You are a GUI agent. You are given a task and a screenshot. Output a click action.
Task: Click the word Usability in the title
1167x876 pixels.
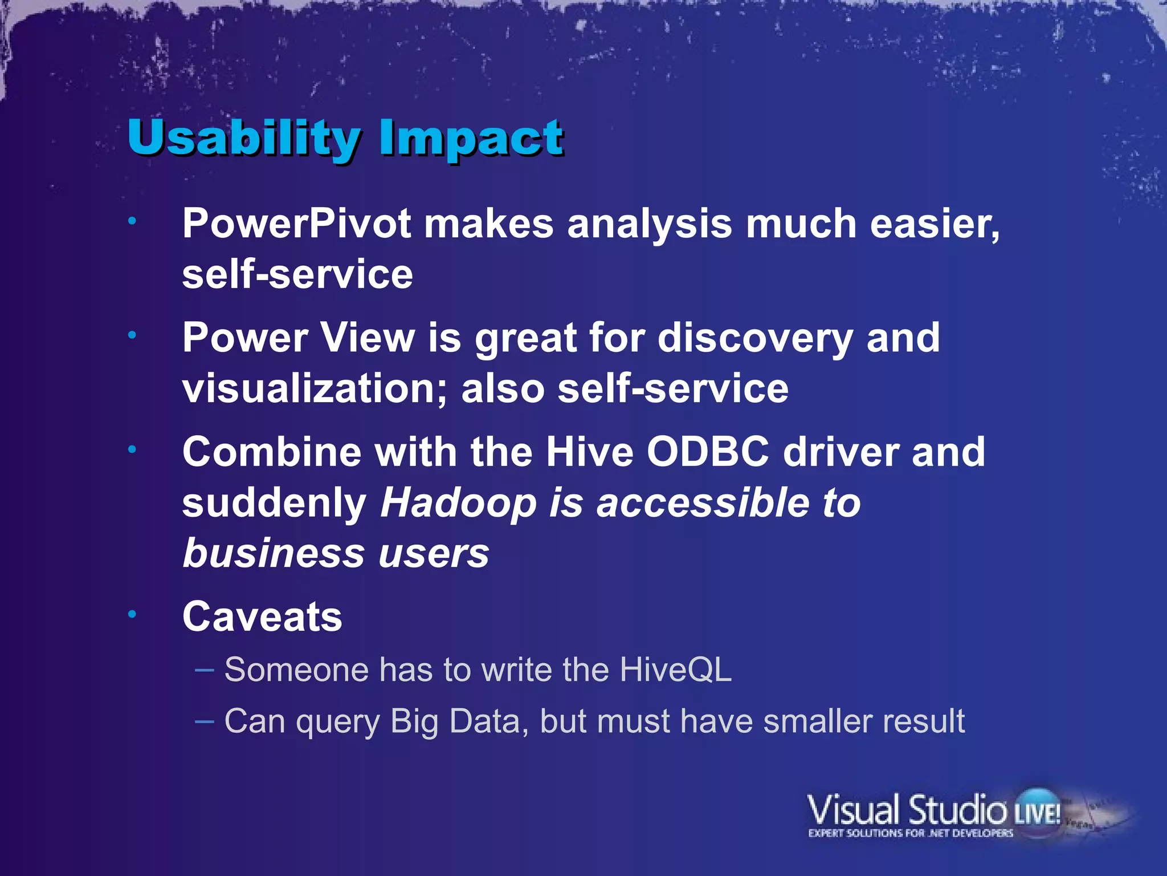pos(244,139)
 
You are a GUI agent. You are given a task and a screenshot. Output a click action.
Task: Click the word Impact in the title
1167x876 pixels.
pos(471,139)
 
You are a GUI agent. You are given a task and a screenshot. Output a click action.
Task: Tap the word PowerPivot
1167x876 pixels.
pos(296,223)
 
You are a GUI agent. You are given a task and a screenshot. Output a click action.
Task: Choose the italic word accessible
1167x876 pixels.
pos(702,503)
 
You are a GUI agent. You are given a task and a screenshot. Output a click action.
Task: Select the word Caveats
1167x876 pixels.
pos(262,617)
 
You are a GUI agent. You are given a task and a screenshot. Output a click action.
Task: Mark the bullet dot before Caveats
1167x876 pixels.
pos(132,614)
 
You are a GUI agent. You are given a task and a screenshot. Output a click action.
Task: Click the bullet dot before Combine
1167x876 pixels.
pos(132,449)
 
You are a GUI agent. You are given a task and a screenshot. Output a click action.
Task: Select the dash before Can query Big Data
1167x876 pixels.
pos(205,721)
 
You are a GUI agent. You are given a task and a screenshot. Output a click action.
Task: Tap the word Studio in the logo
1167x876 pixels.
pos(957,810)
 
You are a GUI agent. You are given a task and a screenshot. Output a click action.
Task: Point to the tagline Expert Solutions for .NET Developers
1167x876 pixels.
pos(911,833)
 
